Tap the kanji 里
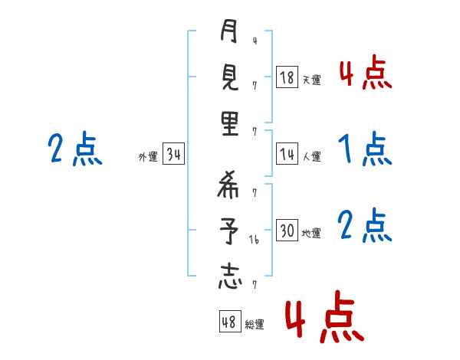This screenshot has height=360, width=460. pyautogui.click(x=229, y=123)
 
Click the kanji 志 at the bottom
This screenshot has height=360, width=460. pyautogui.click(x=229, y=276)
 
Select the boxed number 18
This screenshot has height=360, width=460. pyautogui.click(x=287, y=77)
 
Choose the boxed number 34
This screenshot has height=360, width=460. pyautogui.click(x=173, y=155)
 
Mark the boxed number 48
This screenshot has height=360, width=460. pyautogui.click(x=229, y=322)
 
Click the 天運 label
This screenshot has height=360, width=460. pyautogui.click(x=311, y=80)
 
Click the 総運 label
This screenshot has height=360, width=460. pyautogui.click(x=255, y=324)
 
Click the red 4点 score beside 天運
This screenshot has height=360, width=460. pyautogui.click(x=364, y=72)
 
